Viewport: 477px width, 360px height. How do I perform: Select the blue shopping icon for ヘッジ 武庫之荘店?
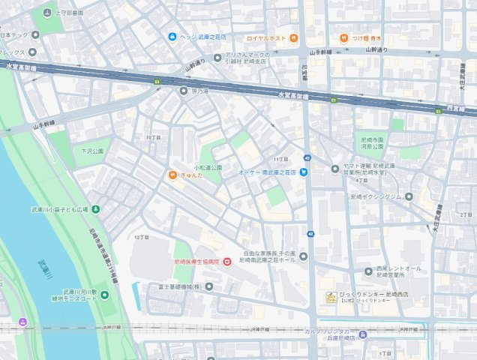click(172, 37)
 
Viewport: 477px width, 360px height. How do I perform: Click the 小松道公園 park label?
click(208, 167)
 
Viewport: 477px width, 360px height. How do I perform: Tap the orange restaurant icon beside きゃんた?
click(172, 175)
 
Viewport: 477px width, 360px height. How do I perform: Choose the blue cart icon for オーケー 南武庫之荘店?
click(304, 172)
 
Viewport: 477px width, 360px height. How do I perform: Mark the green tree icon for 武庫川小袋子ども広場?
click(95, 208)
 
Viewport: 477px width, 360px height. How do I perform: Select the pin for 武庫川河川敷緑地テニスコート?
click(104, 295)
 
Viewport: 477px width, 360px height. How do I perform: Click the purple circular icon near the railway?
click(23, 322)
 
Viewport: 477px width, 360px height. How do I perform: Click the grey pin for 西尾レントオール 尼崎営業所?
click(368, 271)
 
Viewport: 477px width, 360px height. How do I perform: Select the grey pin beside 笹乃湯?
click(184, 91)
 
